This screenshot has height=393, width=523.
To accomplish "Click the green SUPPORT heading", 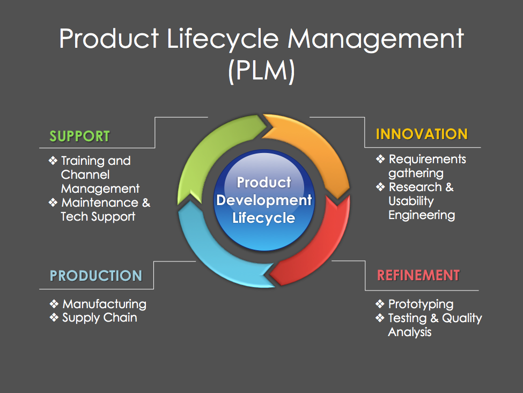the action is click(x=80, y=136).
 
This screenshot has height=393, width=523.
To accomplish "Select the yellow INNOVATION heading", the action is click(x=422, y=134).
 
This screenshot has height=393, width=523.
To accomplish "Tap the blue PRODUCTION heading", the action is click(x=96, y=276).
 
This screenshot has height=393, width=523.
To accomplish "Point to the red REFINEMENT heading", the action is click(x=418, y=275).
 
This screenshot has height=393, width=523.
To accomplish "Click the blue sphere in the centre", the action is click(x=264, y=200).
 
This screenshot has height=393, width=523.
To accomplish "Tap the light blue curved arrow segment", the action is click(x=207, y=254).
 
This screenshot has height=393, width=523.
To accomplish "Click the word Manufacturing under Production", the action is click(x=105, y=304).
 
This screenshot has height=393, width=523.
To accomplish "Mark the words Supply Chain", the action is click(x=100, y=318).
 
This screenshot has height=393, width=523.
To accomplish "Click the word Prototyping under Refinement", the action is click(x=421, y=304).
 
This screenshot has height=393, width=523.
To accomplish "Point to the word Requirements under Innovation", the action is click(x=428, y=159).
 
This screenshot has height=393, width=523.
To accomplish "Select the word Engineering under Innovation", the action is click(x=422, y=215).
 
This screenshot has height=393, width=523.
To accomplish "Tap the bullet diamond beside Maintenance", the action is click(x=53, y=202).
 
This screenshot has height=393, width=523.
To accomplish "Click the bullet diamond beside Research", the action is click(x=380, y=187).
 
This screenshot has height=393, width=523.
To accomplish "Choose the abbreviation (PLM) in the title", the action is click(x=262, y=71).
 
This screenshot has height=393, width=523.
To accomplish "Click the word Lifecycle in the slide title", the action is click(x=223, y=39).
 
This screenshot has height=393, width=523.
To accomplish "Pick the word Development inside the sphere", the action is click(x=264, y=200).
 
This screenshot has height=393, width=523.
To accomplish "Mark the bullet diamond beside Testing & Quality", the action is click(x=380, y=317).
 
